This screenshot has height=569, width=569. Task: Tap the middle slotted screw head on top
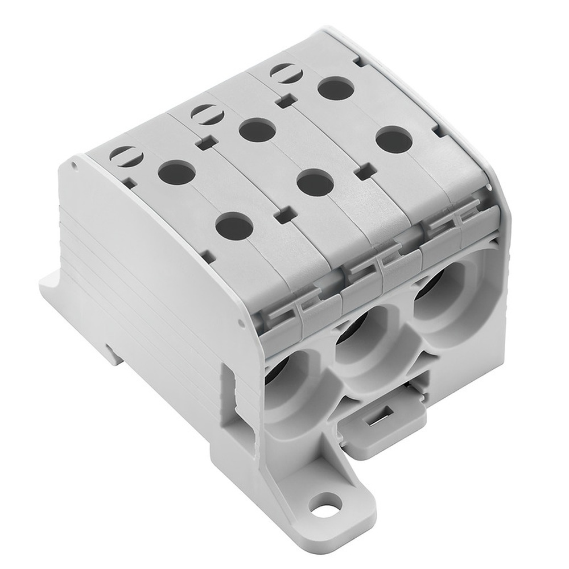pyautogui.click(x=204, y=113)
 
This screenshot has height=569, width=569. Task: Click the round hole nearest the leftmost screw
pyautogui.click(x=177, y=172)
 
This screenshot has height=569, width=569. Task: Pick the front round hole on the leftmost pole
pyautogui.click(x=234, y=226)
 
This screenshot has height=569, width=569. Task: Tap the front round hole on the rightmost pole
pyautogui.click(x=394, y=139)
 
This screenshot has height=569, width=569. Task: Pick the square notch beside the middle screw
pyautogui.click(x=207, y=143)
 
